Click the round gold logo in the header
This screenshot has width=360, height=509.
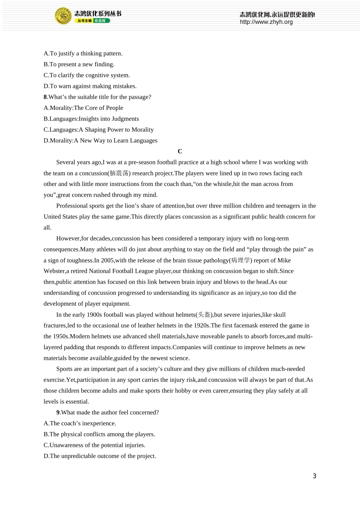click(63, 16)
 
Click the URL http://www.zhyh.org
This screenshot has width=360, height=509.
click(266, 22)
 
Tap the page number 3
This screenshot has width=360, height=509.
click(314, 476)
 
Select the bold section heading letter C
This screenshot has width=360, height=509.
click(180, 151)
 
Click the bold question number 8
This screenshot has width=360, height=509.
click(45, 97)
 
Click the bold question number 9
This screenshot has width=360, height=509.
click(58, 412)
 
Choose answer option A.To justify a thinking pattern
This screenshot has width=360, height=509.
click(83, 53)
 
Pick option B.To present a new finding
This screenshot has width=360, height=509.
click(79, 64)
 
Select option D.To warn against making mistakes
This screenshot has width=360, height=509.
click(90, 86)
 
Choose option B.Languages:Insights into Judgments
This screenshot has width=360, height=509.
click(91, 119)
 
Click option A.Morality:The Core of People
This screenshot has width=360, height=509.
click(83, 108)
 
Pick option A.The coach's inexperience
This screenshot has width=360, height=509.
click(80, 423)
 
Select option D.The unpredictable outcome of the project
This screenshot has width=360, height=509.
click(100, 456)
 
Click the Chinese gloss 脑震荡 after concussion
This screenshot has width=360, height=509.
click(119, 173)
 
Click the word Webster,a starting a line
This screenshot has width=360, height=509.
click(55, 271)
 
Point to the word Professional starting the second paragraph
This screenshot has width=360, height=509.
click(72, 206)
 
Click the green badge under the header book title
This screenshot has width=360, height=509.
click(102, 21)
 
